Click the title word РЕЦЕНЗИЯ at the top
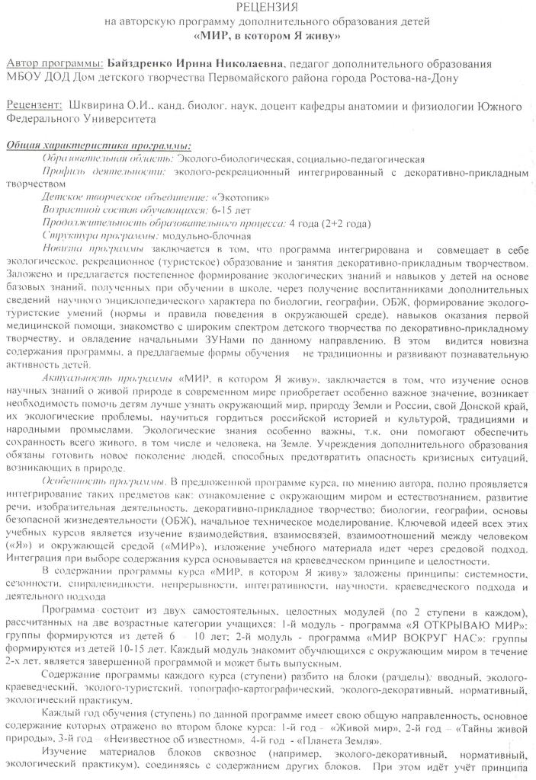click(x=268, y=7)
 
